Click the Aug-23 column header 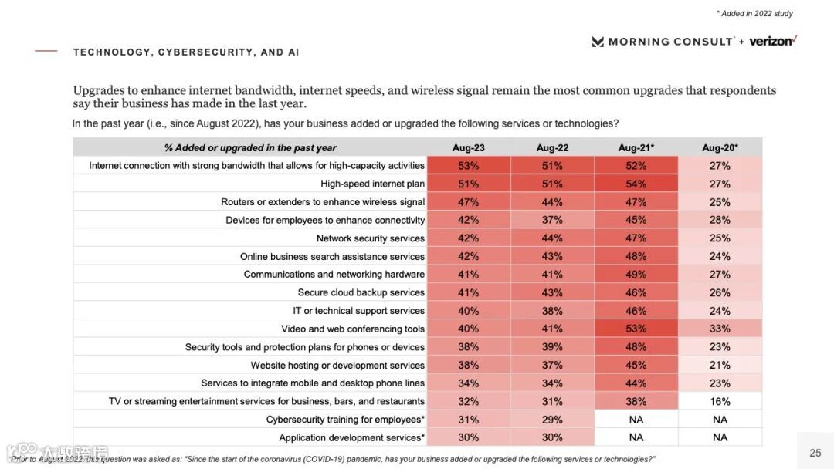coord(468,147)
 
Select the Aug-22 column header coord(552,147)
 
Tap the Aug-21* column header coord(636,147)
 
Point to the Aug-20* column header coord(720,147)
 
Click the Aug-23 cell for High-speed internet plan coord(468,184)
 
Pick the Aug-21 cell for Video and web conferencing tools coord(636,329)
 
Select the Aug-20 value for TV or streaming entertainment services coord(720,401)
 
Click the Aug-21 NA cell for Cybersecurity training coord(636,420)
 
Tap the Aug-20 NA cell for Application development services coord(720,437)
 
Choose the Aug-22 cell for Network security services coord(552,238)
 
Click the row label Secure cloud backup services coord(361,292)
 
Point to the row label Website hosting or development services coord(337,365)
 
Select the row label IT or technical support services coord(358,311)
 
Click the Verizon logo coord(772,41)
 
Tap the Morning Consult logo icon coord(598,42)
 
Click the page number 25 coord(815,453)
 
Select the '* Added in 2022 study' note coord(754,13)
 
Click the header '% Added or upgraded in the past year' coord(250,147)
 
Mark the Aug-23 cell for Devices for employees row coord(468,220)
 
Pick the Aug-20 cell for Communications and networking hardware coord(720,274)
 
